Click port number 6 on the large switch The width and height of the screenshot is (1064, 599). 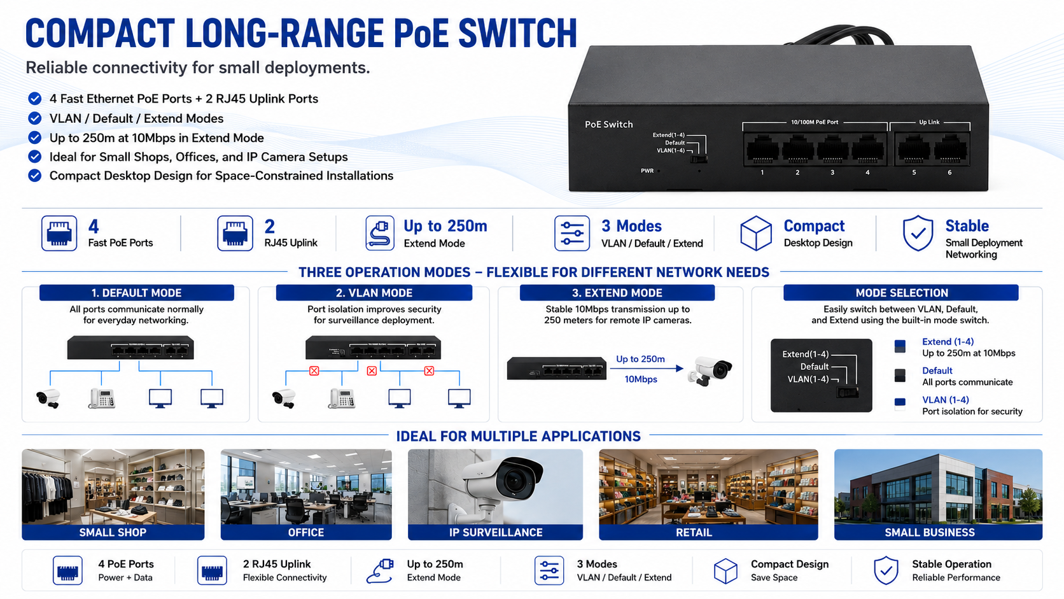click(x=949, y=173)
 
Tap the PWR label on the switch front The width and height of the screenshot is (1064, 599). click(x=647, y=171)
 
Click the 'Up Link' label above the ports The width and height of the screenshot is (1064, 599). click(x=929, y=122)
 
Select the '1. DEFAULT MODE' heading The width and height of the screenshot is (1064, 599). click(x=136, y=293)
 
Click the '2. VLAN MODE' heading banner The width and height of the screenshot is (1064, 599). click(x=374, y=293)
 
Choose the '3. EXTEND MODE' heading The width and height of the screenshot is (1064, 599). click(x=617, y=293)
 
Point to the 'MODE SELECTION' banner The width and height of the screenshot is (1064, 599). click(x=901, y=293)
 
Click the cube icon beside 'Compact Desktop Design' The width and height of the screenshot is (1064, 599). click(x=755, y=233)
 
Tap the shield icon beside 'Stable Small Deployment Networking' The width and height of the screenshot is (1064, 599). click(x=918, y=233)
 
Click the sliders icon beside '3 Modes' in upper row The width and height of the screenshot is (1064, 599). click(x=572, y=233)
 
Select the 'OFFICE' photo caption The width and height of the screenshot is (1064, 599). click(x=306, y=533)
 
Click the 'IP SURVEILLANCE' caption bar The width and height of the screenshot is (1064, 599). click(x=496, y=533)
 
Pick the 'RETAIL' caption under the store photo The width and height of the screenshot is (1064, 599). click(x=694, y=533)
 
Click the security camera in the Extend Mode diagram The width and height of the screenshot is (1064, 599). click(x=710, y=371)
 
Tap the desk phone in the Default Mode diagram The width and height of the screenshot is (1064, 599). click(x=102, y=398)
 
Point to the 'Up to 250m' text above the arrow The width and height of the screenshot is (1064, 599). click(x=640, y=359)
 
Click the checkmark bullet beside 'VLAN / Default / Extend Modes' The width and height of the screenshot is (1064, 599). click(x=34, y=118)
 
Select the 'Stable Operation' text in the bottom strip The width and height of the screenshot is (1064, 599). click(x=951, y=564)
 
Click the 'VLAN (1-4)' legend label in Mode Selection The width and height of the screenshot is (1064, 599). click(x=945, y=400)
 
